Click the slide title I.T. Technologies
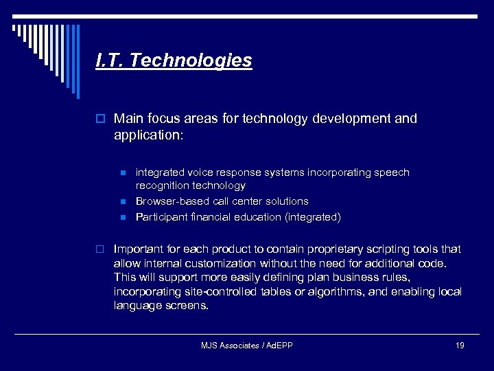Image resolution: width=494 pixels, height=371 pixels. coord(174,61)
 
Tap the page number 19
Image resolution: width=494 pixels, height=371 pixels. coord(459,345)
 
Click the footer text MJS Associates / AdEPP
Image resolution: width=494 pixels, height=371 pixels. coord(246,345)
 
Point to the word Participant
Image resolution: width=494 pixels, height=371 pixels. coord(162,217)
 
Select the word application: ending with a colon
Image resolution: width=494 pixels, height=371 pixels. coord(149,135)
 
